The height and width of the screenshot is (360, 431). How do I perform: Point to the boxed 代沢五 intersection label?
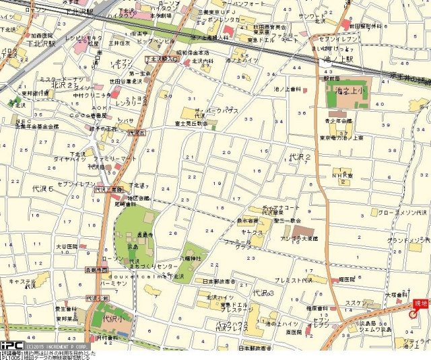pyautogui.click(x=137, y=133)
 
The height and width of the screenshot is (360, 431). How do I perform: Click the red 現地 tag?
pyautogui.click(x=421, y=304)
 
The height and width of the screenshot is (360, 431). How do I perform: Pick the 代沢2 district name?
pyautogui.click(x=299, y=156)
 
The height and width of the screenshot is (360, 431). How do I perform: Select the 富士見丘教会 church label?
pyautogui.click(x=193, y=124)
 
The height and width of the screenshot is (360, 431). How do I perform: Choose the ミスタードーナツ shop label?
pyautogui.click(x=61, y=79)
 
